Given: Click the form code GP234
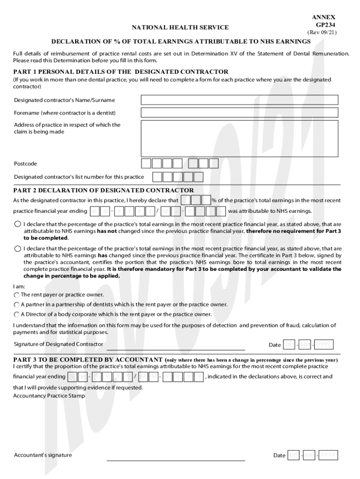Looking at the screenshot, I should [325, 25].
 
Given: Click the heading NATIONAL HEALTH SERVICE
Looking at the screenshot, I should [180, 28].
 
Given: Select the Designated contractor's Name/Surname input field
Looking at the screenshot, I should [239, 100].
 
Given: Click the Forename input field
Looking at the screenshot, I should [239, 113].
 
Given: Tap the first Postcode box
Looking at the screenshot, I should [146, 163].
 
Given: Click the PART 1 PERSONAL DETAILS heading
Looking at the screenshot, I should [121, 72].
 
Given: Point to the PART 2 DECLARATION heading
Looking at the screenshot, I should [103, 190].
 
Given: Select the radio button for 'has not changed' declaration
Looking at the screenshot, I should [18, 224].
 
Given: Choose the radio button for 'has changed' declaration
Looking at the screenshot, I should [18, 249].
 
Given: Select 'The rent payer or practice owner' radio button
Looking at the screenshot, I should [17, 295].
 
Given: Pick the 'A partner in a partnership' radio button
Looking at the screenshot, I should [17, 305].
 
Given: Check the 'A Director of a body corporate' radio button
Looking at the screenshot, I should [17, 314].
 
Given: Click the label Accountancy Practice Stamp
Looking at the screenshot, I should [49, 396].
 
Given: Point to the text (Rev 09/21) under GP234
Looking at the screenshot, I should [322, 33].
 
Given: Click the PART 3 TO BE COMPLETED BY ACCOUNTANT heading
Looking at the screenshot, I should [88, 359].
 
